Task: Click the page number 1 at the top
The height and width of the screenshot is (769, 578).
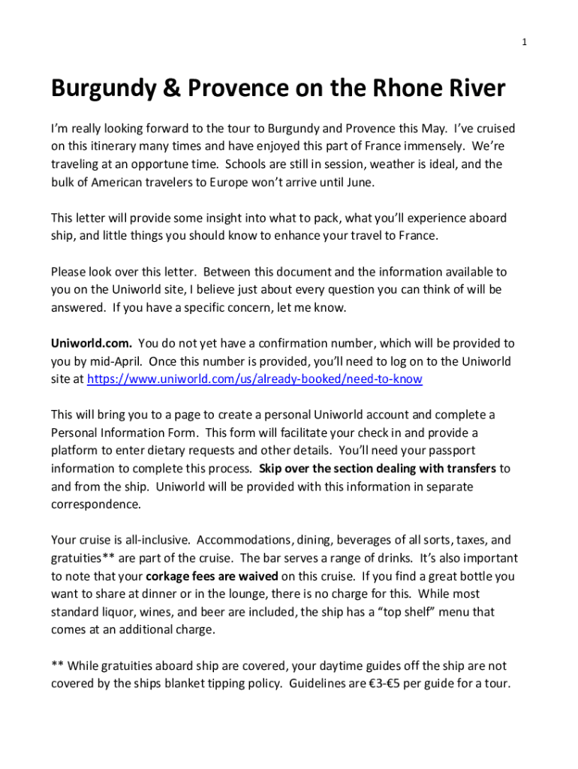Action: pos(525,42)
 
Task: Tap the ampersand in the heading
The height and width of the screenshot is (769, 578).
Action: pos(169,89)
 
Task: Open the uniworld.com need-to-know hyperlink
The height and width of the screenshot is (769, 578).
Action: pos(254,379)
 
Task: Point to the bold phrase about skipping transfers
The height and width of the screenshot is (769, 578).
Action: pos(378,469)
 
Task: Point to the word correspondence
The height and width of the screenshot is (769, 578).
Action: pos(95,504)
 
